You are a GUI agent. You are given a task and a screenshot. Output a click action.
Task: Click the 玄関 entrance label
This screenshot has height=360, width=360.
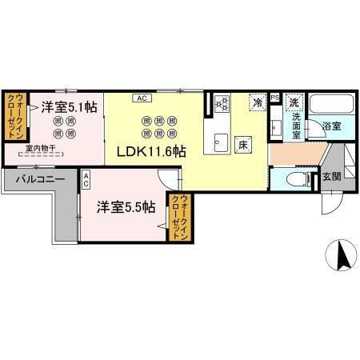tap(331, 177)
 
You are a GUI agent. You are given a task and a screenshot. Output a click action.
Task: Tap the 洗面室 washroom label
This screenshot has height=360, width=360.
tap(295, 126)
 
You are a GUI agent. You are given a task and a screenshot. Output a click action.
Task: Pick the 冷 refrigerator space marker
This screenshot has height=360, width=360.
tap(258, 102)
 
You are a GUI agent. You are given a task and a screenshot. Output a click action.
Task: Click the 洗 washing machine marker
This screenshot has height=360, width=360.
tap(294, 102)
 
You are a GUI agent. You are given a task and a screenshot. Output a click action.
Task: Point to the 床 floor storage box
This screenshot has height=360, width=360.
tap(243, 145)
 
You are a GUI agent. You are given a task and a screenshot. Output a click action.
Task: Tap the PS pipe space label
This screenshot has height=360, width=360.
tap(275, 98)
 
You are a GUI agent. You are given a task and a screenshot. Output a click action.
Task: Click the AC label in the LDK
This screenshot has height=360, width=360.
tap(141, 98)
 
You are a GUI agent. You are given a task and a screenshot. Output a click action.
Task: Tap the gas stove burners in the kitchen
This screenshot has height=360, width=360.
tap(222, 102)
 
